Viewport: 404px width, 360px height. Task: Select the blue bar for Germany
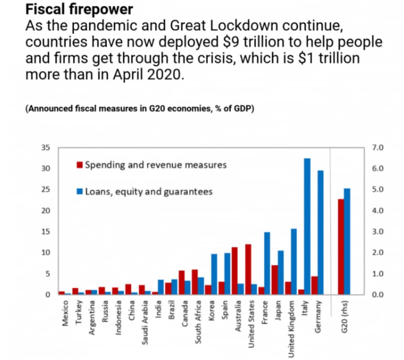click(x=320, y=232)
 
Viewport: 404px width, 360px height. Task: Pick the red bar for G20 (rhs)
click(x=340, y=247)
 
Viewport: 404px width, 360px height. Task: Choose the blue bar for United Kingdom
click(x=294, y=262)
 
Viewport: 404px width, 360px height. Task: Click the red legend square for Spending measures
click(x=79, y=165)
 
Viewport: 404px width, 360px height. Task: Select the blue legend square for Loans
click(x=79, y=192)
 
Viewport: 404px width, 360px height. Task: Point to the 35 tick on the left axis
click(x=45, y=148)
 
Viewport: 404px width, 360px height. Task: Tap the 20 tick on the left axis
click(x=45, y=211)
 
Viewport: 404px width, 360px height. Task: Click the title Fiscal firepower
click(x=79, y=9)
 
